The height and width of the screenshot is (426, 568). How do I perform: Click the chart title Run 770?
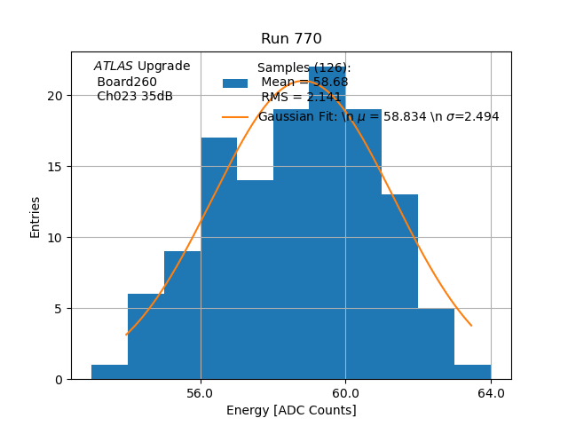click(x=291, y=39)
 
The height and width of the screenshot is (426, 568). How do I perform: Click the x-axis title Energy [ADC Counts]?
click(x=291, y=410)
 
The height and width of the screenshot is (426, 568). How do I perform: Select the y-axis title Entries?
click(x=35, y=216)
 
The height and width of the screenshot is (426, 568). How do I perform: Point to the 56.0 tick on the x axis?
click(x=201, y=393)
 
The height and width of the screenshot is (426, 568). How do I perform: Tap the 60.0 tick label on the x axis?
click(x=345, y=393)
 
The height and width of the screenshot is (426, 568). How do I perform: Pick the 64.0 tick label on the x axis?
click(x=491, y=393)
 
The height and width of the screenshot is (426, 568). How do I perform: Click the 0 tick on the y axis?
click(x=58, y=380)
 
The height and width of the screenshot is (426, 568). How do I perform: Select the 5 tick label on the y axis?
click(x=58, y=309)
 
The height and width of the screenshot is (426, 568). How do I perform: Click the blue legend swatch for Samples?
click(x=235, y=83)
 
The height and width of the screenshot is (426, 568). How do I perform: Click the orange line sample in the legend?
click(x=235, y=116)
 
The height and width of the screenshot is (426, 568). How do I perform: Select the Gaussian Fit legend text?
click(x=378, y=116)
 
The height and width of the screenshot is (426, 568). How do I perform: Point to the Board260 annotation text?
click(x=127, y=82)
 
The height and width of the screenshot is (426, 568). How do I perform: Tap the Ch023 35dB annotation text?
click(x=134, y=96)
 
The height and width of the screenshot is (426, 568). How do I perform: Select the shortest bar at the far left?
click(x=109, y=373)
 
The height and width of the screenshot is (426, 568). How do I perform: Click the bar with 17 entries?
click(x=218, y=258)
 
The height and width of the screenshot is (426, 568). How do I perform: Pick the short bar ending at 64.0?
click(x=472, y=373)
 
